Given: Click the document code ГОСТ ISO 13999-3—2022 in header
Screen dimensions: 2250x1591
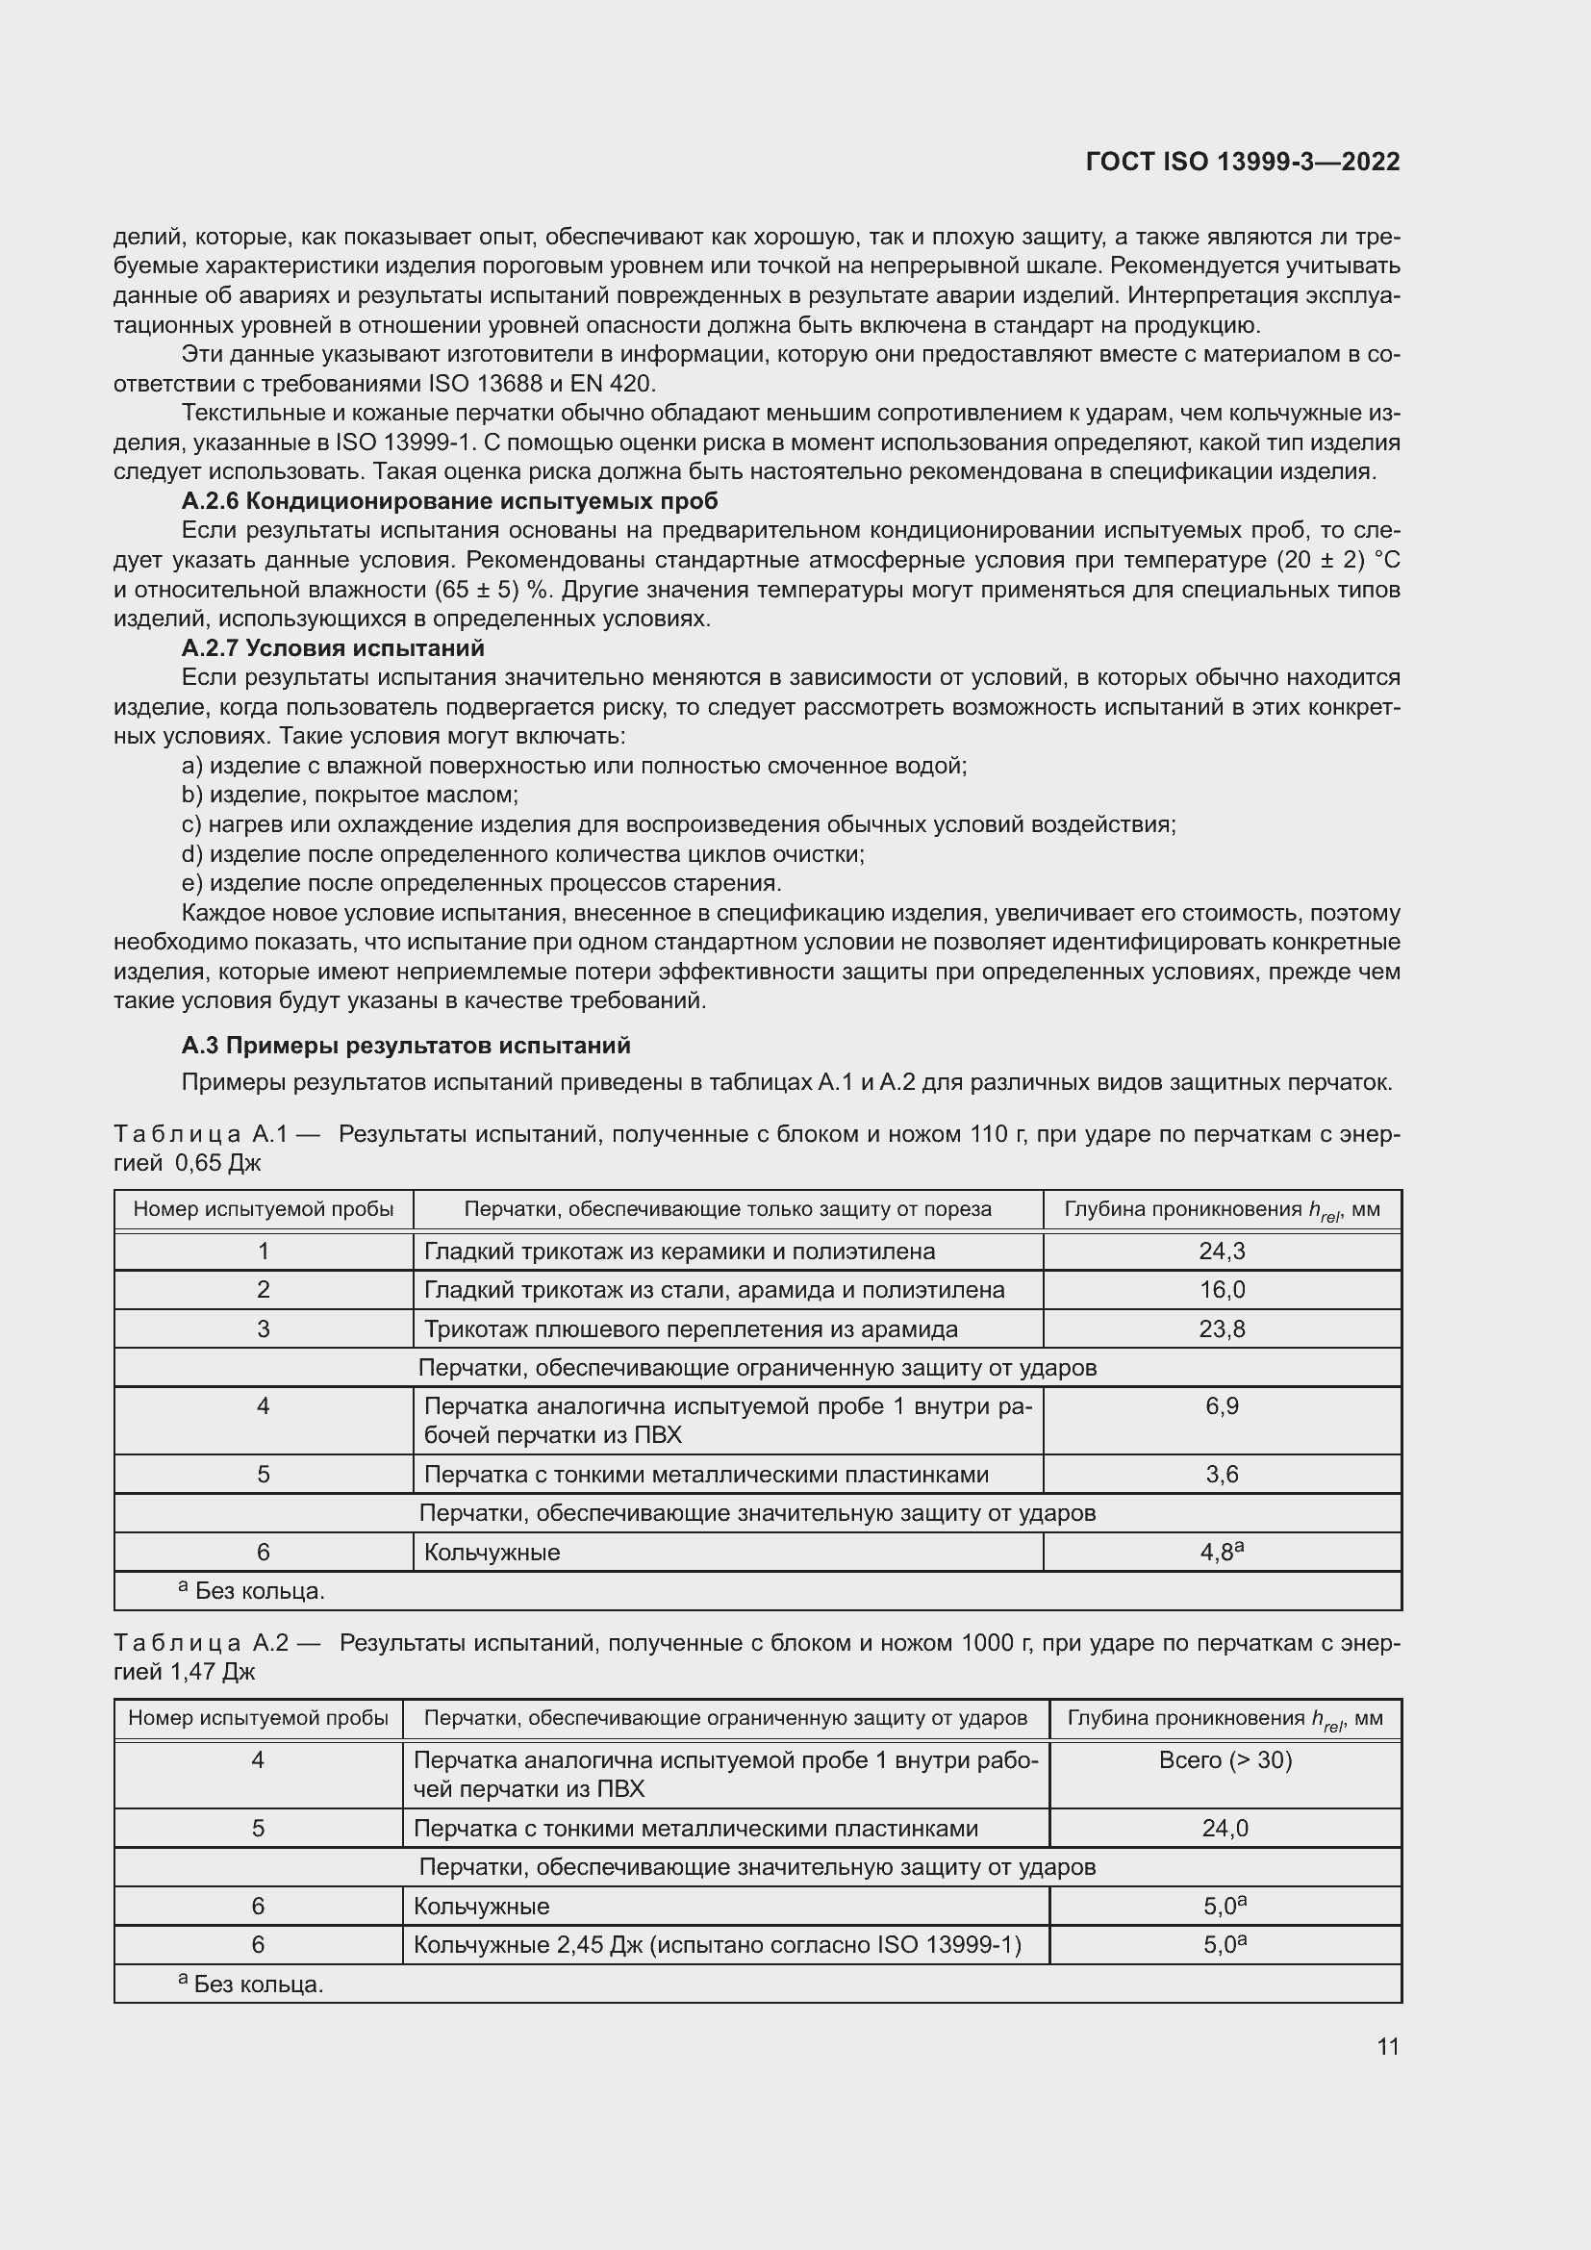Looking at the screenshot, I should pyautogui.click(x=1242, y=162).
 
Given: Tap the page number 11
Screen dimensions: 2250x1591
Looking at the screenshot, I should pyautogui.click(x=1387, y=2046).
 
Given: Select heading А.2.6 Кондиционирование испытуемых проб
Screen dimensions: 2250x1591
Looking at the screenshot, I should pyautogui.click(x=449, y=501).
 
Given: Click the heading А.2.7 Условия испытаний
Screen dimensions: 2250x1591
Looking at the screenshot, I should pyautogui.click(x=333, y=647).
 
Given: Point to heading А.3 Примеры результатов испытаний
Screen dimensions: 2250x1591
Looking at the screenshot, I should pyautogui.click(x=406, y=1046).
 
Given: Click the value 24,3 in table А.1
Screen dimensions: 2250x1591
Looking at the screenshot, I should pyautogui.click(x=1222, y=1251).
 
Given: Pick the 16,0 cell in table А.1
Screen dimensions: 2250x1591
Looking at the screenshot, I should pyautogui.click(x=1222, y=1290).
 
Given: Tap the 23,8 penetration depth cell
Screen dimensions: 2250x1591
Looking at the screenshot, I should pyautogui.click(x=1222, y=1328).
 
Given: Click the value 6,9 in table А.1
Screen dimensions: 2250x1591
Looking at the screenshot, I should pyautogui.click(x=1222, y=1406).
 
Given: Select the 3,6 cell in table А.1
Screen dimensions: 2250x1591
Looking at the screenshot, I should pyautogui.click(x=1222, y=1474).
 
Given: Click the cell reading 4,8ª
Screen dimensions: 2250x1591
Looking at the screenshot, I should pyautogui.click(x=1222, y=1553).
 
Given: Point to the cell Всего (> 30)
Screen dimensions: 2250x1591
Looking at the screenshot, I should pyautogui.click(x=1225, y=1760).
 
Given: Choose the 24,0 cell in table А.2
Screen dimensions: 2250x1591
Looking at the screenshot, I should pyautogui.click(x=1225, y=1828).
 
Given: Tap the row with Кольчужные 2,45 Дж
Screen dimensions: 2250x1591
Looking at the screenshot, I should pyautogui.click(x=718, y=1944).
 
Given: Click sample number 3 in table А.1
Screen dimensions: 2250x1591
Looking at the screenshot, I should pyautogui.click(x=263, y=1328).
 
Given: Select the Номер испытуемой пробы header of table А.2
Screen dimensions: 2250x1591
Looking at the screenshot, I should pyautogui.click(x=258, y=1718).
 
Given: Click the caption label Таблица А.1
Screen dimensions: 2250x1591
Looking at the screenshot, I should pyautogui.click(x=201, y=1134).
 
